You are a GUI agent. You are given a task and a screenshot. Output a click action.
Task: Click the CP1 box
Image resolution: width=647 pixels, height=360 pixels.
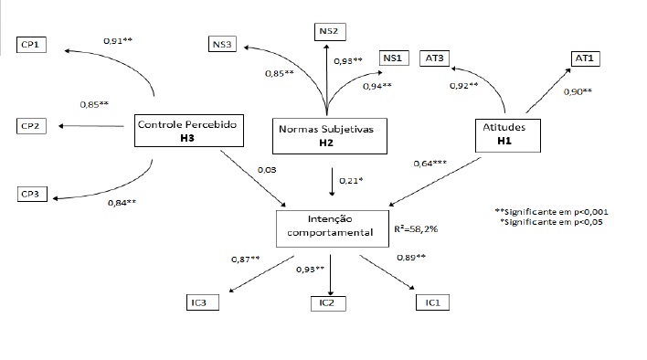pyautogui.click(x=32, y=43)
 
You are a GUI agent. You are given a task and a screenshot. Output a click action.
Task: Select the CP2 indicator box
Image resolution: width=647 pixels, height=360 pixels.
pyautogui.click(x=32, y=124)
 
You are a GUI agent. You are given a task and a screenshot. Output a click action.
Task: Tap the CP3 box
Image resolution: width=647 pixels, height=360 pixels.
pyautogui.click(x=32, y=194)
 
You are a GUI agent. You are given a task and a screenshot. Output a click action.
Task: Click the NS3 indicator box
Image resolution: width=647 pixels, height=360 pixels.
pyautogui.click(x=223, y=42)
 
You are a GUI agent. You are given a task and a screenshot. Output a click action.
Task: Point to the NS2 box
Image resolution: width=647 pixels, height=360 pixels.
pyautogui.click(x=329, y=32)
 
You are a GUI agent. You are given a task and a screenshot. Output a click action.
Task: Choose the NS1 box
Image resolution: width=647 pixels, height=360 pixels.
pyautogui.click(x=392, y=58)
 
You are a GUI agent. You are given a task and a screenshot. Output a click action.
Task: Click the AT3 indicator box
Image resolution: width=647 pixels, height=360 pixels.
pyautogui.click(x=435, y=58)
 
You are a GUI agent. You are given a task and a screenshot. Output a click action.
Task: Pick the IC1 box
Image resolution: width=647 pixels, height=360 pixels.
pyautogui.click(x=432, y=302)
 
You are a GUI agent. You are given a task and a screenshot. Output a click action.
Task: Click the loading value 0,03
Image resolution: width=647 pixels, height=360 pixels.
pyautogui.click(x=267, y=170)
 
